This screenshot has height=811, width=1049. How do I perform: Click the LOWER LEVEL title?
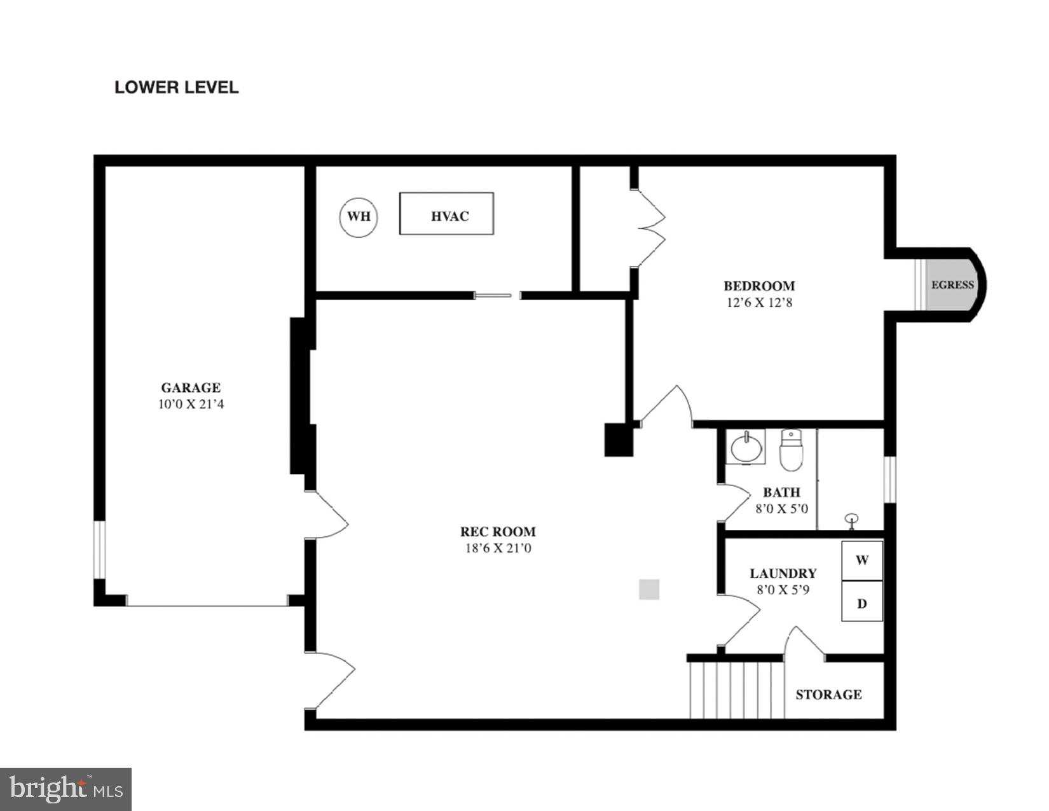coord(176,87)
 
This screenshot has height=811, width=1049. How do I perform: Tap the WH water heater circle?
coord(358,216)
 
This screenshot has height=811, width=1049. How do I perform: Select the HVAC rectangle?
coord(446,214)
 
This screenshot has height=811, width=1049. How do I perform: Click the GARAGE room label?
coord(191,387)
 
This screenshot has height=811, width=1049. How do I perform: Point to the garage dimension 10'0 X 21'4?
coord(191,404)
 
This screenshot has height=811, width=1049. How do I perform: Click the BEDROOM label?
coord(759,286)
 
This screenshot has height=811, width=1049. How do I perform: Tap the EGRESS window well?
coord(952,285)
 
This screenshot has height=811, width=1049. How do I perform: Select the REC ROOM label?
coord(498,531)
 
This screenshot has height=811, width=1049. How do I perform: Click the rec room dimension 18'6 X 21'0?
coord(498,548)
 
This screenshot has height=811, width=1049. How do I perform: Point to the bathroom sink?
coord(746,448)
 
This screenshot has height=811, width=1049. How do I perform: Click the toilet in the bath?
coord(791,450)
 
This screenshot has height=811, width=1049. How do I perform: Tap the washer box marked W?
coord(862,560)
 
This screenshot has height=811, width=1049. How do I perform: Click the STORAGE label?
coord(828,694)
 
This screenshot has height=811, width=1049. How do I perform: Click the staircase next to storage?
coord(736,690)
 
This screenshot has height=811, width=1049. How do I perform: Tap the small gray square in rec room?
coord(649,589)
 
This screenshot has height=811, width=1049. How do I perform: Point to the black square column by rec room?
coord(618,440)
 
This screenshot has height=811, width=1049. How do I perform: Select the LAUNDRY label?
coord(783,573)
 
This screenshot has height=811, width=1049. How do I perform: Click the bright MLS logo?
coord(66,789)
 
